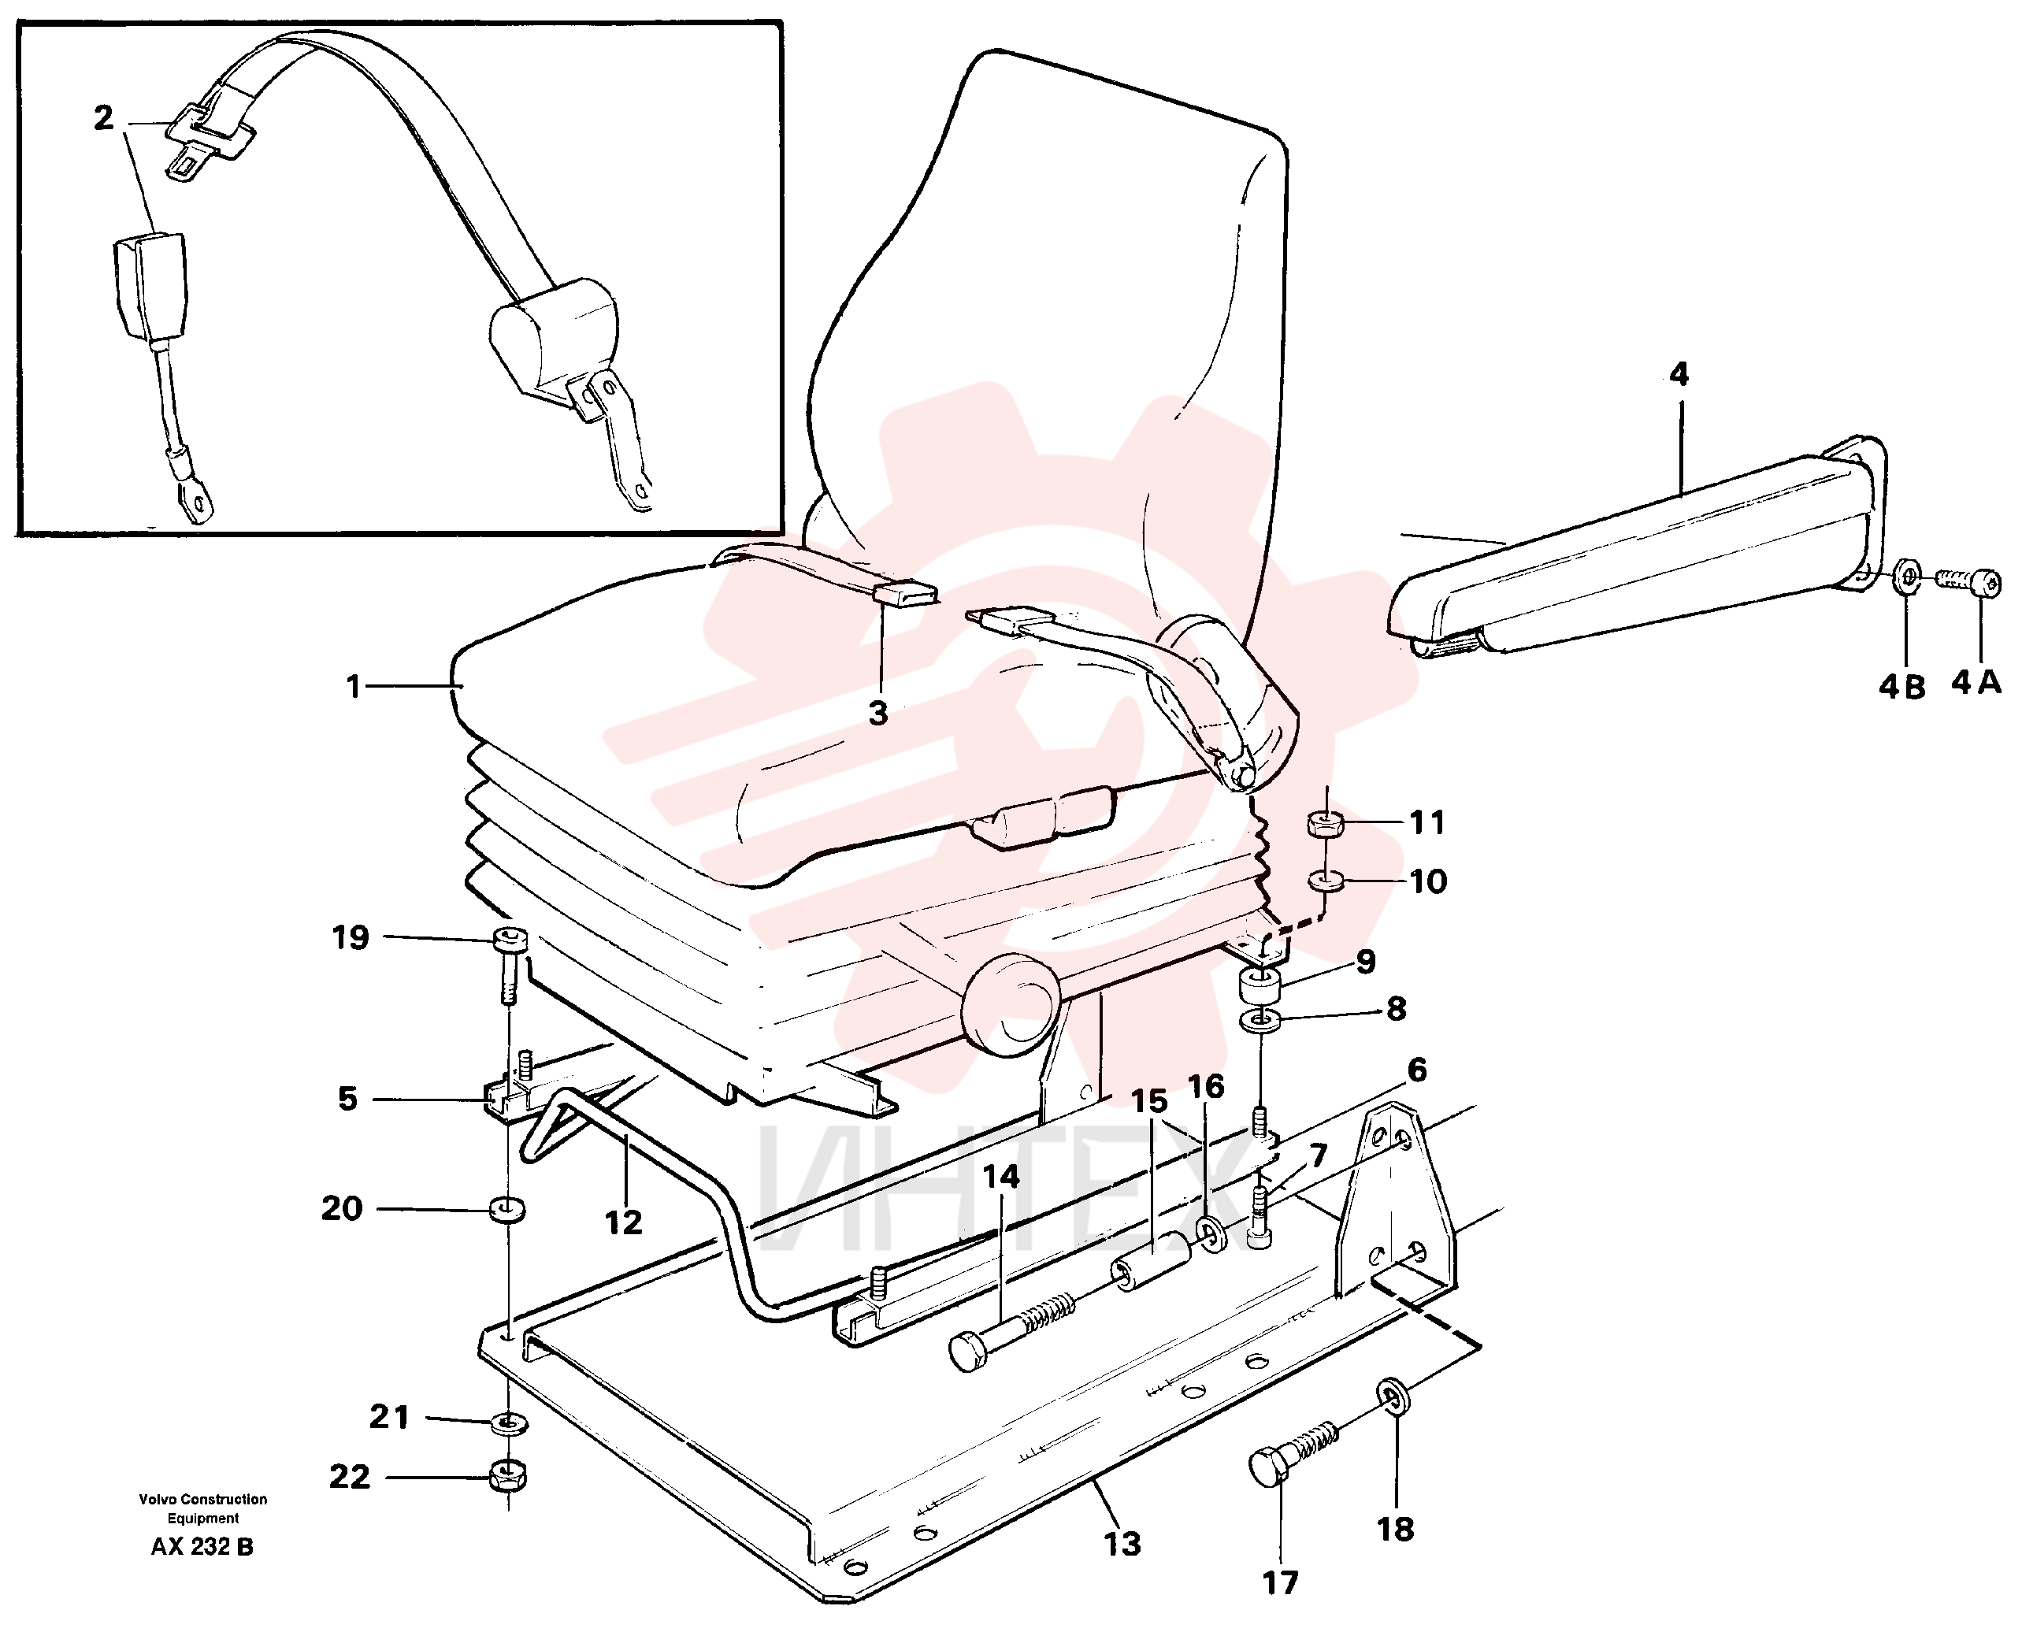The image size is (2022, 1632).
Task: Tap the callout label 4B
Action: click(x=1901, y=687)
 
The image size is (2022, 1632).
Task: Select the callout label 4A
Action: click(x=1976, y=683)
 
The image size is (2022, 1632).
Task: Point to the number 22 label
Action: click(x=350, y=1477)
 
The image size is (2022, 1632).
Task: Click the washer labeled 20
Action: click(x=507, y=1209)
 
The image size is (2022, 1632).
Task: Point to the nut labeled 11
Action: click(x=1323, y=824)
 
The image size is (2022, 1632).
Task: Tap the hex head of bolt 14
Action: click(x=968, y=1352)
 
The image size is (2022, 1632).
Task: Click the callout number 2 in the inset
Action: click(x=103, y=117)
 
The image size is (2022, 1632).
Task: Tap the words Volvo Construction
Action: click(x=203, y=1500)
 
